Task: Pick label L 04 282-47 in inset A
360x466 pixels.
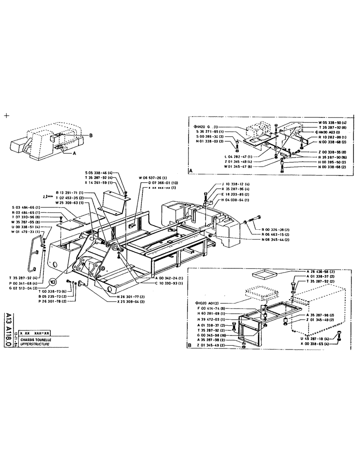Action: [x=236, y=157]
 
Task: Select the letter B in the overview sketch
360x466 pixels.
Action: [x=91, y=135]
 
